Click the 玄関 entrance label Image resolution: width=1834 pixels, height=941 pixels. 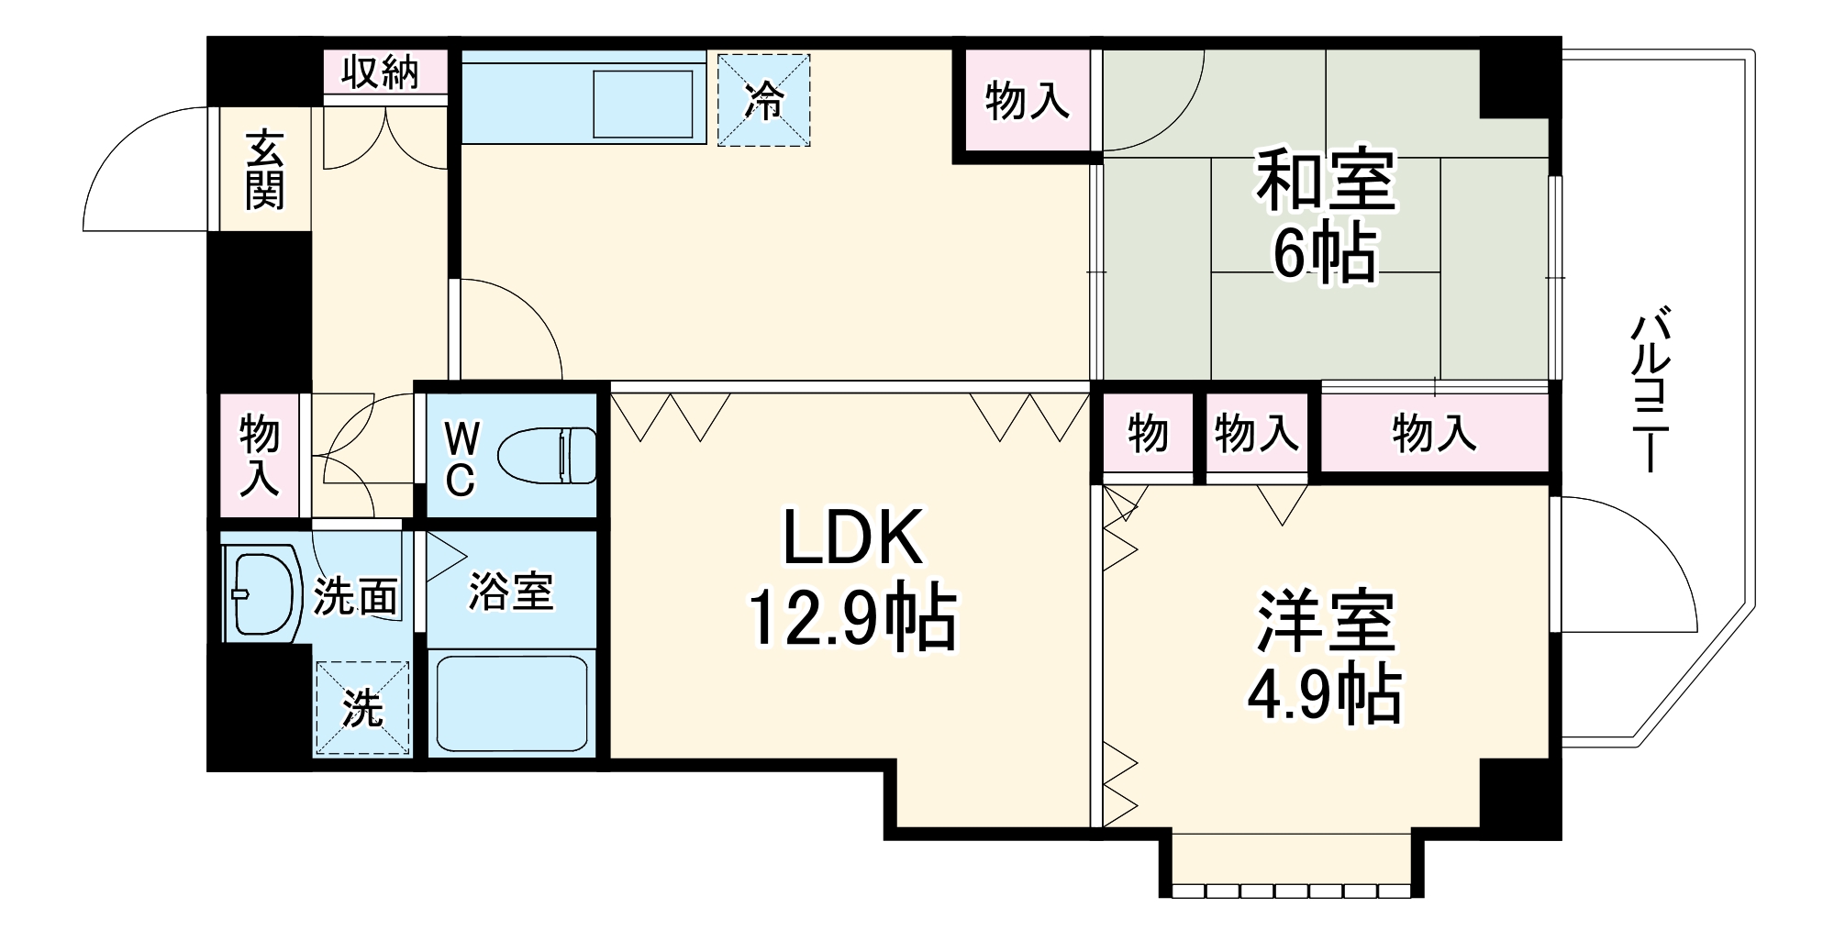pos(264,171)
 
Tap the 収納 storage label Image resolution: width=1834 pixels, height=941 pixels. pos(380,72)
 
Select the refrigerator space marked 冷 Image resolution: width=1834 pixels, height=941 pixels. pos(763,100)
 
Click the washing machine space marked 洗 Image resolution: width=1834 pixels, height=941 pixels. pos(362,708)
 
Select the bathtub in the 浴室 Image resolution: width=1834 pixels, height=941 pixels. pos(511,703)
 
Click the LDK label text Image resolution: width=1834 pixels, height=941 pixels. pos(852,539)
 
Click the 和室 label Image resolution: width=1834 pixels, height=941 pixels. pos(1325,181)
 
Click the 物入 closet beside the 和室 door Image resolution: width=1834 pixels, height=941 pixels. pos(1027,101)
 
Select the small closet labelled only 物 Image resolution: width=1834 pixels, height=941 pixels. pos(1148,433)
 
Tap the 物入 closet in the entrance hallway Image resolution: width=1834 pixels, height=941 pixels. pos(260,455)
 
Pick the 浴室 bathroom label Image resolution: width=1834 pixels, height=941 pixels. pos(511,592)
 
